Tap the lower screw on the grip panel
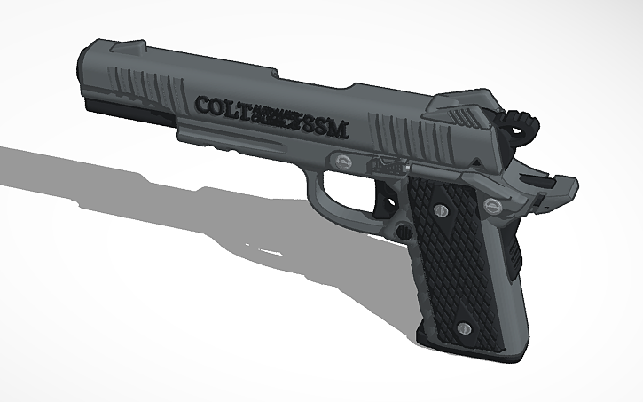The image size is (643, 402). (462, 329)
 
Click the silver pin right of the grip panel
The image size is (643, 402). (494, 206)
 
